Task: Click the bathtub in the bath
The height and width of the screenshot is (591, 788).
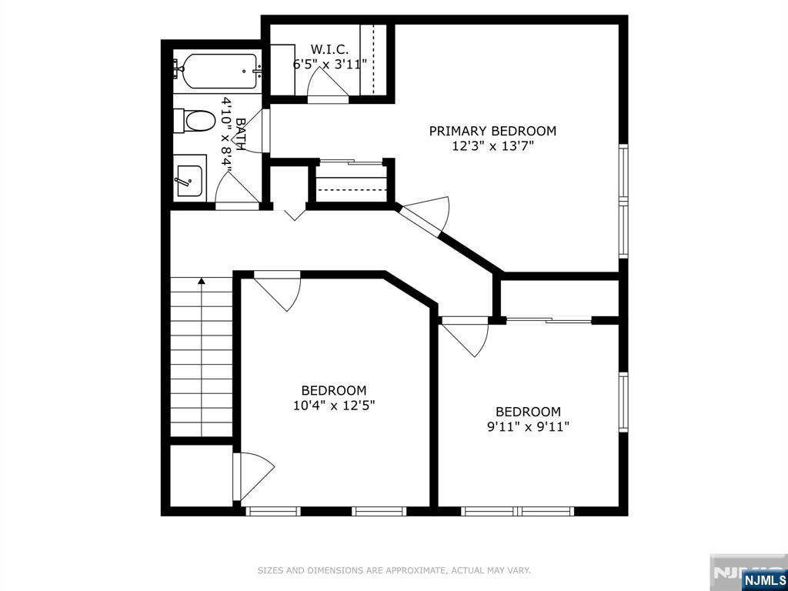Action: [219, 71]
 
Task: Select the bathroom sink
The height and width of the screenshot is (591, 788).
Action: [189, 180]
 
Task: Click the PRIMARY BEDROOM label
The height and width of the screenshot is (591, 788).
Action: [492, 131]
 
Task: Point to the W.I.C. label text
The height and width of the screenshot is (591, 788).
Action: [329, 49]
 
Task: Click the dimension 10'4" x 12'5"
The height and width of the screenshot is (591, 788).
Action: [334, 405]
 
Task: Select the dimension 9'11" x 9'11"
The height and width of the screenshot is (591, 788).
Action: [528, 427]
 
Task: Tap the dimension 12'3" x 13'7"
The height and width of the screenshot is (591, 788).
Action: [492, 146]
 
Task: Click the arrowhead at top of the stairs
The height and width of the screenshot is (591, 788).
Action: [202, 281]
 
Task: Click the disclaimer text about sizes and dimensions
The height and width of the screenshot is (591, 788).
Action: [394, 570]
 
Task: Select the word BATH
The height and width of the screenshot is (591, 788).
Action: [240, 134]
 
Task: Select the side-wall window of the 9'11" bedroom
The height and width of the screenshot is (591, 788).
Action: [623, 402]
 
